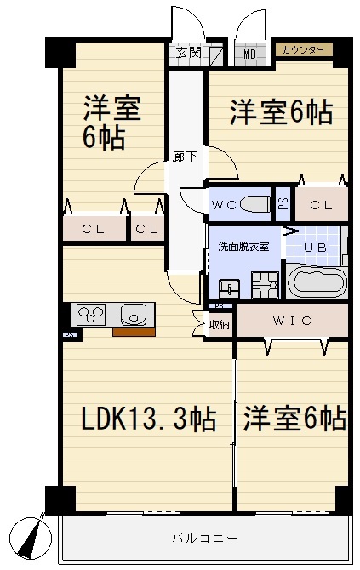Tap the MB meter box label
point(250,54)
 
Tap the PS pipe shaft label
point(283,204)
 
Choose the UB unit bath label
point(315,247)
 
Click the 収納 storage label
point(219,324)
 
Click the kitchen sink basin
point(134,316)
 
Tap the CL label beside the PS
point(321,204)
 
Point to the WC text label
point(225,204)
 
